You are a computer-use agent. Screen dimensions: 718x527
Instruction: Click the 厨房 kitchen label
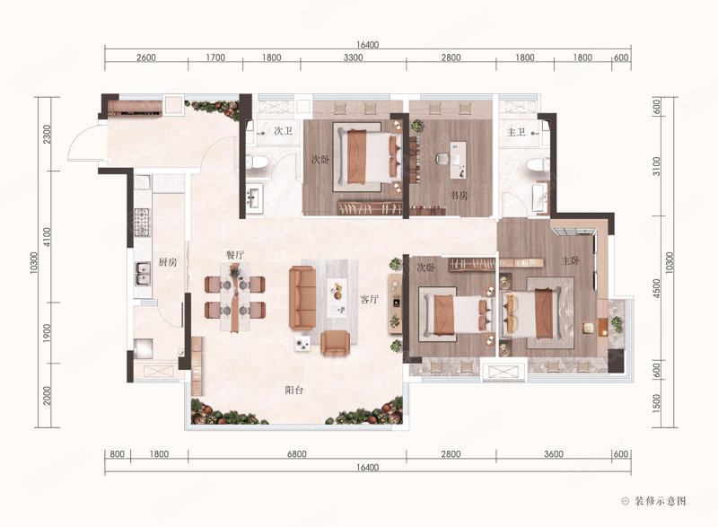(x=167, y=262)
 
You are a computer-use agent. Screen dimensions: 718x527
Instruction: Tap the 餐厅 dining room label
(x=234, y=255)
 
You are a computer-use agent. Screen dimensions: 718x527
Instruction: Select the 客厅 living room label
(x=369, y=300)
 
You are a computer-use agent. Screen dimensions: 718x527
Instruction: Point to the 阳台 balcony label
(x=293, y=391)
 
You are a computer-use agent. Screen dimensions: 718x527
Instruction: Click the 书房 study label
(x=460, y=196)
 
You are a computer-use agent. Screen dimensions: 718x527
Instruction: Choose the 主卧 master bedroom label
(x=571, y=260)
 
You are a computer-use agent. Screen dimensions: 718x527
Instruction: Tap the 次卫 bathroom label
(x=283, y=131)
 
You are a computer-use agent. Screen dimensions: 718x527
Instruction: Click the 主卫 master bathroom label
(x=516, y=132)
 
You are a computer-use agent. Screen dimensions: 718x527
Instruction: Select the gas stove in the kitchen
(x=142, y=222)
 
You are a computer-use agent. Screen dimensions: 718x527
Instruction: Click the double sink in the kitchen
(x=143, y=274)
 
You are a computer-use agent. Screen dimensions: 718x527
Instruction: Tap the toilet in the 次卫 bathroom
(x=257, y=162)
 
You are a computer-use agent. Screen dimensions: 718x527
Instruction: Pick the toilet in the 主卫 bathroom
(x=538, y=165)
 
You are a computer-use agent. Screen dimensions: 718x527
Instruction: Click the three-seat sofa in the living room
(x=302, y=298)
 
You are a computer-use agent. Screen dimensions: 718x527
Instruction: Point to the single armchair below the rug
(x=335, y=343)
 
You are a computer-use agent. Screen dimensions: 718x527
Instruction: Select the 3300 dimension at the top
(x=353, y=57)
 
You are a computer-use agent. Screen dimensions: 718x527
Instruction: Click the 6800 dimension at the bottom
(x=297, y=454)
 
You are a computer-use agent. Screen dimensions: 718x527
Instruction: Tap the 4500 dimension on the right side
(x=657, y=289)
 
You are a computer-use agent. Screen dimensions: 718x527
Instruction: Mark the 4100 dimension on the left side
(x=48, y=237)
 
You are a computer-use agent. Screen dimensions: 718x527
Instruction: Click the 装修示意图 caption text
(x=661, y=501)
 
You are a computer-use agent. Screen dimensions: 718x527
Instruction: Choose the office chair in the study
(x=442, y=158)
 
